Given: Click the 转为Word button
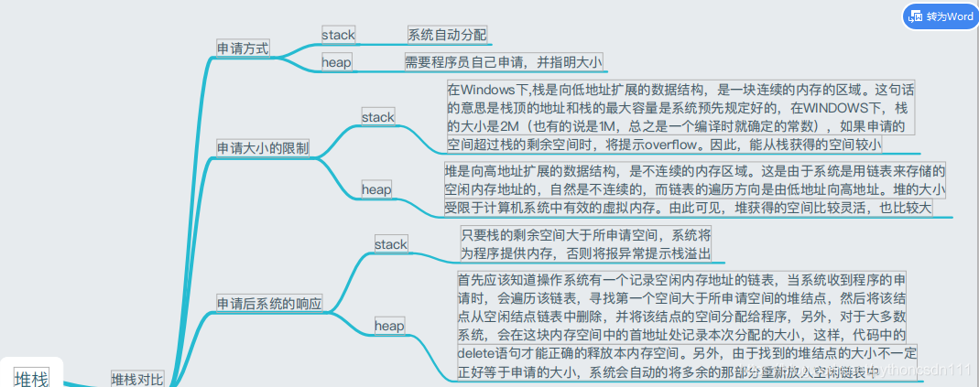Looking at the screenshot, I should [x=940, y=16].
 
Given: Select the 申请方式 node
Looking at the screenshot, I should [x=243, y=48].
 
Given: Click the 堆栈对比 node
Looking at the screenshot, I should [x=137, y=379].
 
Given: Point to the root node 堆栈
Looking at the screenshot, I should [x=31, y=377].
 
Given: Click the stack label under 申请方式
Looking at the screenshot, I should [x=338, y=35].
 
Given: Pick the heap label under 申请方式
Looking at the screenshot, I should [x=336, y=63].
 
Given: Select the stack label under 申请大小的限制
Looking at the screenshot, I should [x=377, y=117].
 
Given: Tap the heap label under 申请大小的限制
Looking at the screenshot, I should [x=375, y=189].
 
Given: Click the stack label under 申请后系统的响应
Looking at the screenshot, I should [x=391, y=244].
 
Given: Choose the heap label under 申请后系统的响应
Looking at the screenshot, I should [x=389, y=325].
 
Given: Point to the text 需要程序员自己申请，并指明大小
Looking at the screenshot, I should [x=504, y=62].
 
